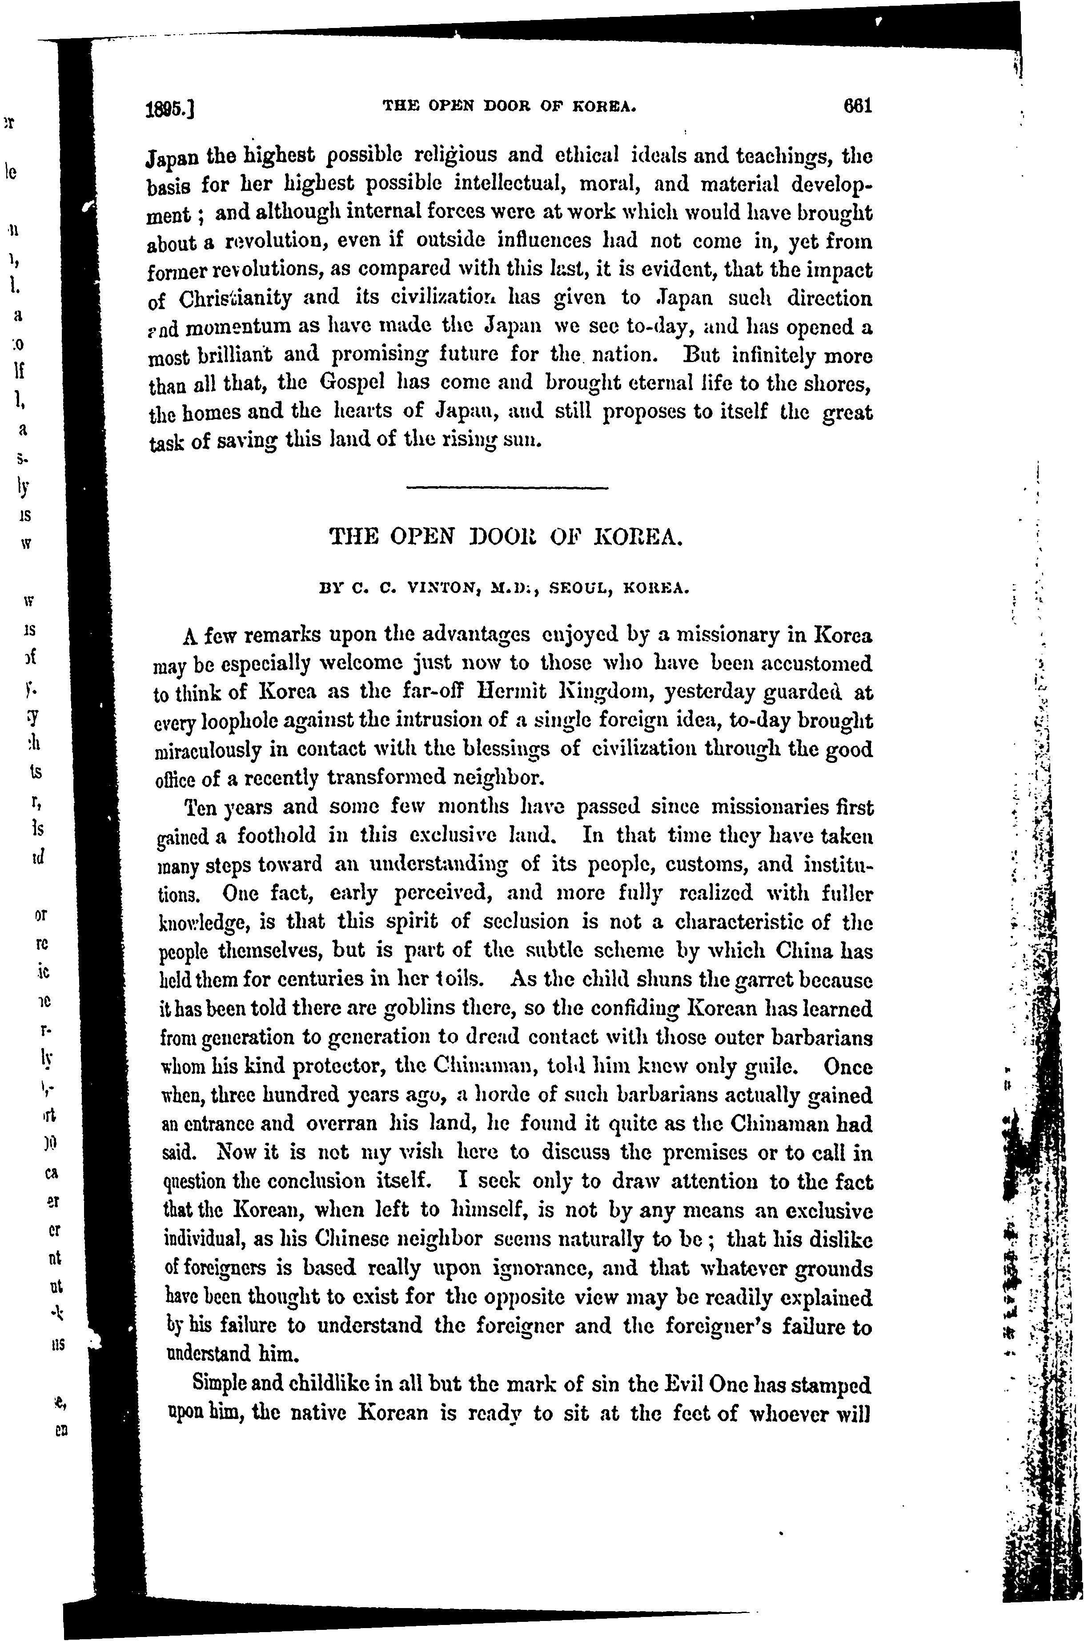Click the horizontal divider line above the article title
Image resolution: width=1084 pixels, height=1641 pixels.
click(507, 488)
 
